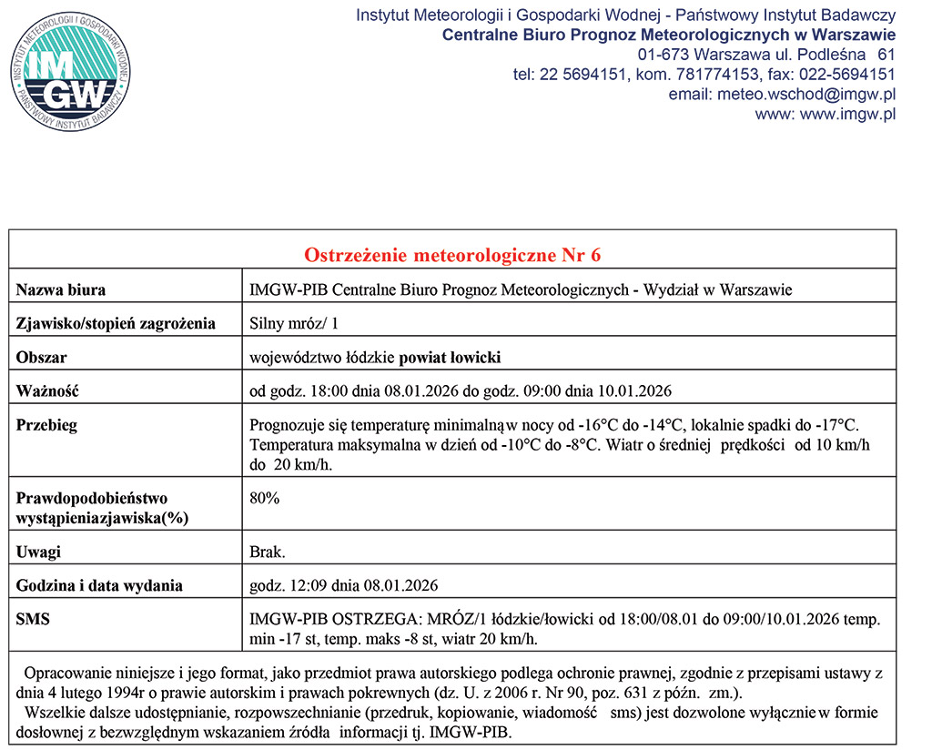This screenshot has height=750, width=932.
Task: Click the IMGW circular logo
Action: (71, 74)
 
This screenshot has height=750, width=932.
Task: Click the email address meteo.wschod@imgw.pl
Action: (782, 94)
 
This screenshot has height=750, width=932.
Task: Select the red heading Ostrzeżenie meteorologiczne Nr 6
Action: (452, 255)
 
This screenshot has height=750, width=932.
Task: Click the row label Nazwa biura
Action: (61, 290)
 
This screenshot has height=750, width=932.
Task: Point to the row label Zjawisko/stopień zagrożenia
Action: (116, 323)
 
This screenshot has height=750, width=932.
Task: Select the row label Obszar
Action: (42, 358)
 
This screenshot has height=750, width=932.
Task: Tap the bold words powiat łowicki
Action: (451, 358)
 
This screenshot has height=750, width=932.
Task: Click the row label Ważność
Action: (48, 391)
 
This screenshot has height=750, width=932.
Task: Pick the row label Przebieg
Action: (47, 425)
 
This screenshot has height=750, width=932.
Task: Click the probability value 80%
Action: (265, 498)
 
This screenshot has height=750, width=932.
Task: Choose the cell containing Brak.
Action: (268, 552)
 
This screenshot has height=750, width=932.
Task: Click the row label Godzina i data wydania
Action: (99, 585)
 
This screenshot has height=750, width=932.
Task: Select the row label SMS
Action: (33, 619)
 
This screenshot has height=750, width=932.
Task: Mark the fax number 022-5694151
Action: (846, 75)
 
